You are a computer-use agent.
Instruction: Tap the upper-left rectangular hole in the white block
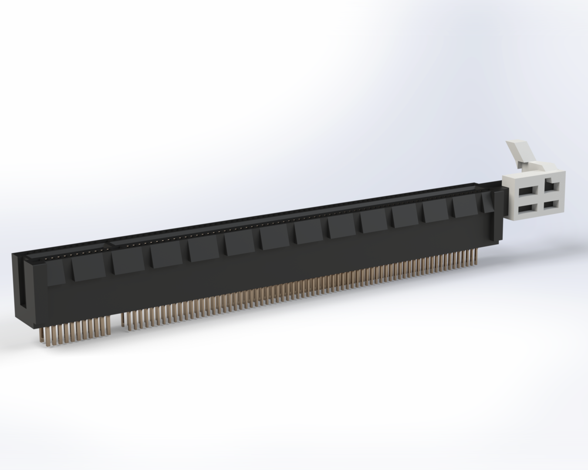[x=527, y=190]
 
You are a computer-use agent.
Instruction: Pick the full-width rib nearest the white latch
[x=466, y=205]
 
